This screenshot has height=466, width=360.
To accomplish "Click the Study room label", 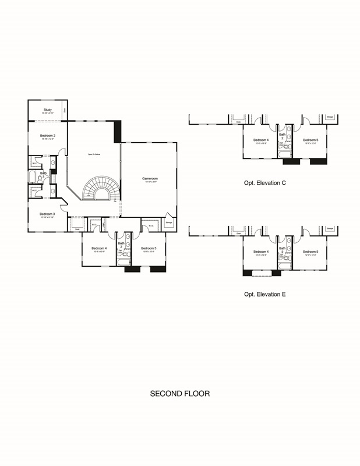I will click(48, 109).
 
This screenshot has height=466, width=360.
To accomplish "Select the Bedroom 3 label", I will click(47, 214).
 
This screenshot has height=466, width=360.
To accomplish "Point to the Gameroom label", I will click(150, 178).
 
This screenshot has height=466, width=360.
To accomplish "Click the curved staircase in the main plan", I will click(98, 189).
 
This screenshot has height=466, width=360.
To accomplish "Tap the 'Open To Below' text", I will click(94, 154).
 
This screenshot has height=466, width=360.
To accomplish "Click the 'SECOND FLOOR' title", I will click(180, 394).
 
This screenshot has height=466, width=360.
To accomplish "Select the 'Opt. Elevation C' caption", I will click(264, 183).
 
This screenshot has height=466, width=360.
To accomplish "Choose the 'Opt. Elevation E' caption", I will click(264, 294).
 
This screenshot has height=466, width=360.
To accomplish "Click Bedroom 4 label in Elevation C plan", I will click(260, 140).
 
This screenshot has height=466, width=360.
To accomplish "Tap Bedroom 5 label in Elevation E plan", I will click(310, 252).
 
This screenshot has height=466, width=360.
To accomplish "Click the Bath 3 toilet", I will click(40, 178).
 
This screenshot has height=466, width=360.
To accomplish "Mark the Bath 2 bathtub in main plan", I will click(124, 262).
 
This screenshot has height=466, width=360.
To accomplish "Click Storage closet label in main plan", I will click(168, 222).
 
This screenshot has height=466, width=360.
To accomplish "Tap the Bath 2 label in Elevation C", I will click(283, 136).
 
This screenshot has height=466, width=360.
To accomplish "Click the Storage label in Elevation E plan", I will click(330, 228).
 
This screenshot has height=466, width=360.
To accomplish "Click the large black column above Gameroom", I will click(117, 130).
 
